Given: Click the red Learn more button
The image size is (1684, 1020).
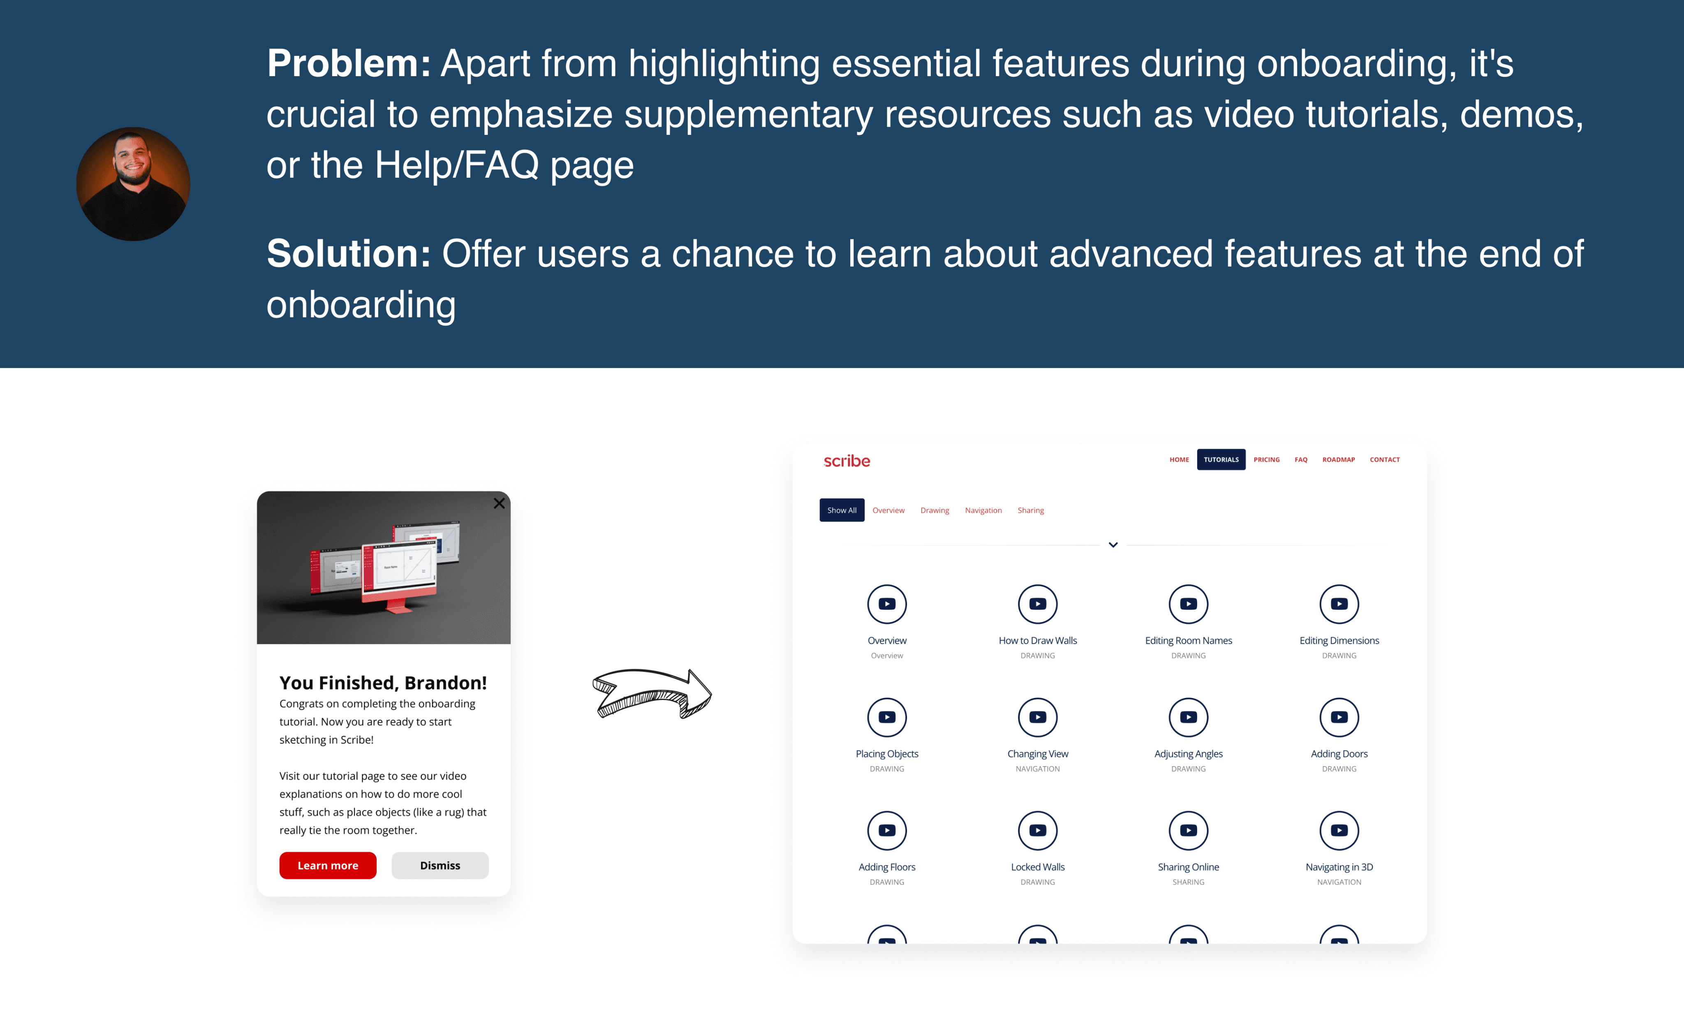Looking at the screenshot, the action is tap(327, 865).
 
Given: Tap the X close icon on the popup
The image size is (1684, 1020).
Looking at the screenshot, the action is tap(499, 503).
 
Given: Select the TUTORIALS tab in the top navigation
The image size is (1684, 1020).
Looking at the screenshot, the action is tap(1221, 459).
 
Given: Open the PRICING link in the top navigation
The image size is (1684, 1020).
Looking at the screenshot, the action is tap(1266, 459).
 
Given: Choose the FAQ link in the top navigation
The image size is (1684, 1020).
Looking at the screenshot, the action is tap(1300, 459).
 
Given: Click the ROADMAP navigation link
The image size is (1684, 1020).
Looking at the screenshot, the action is tap(1338, 459).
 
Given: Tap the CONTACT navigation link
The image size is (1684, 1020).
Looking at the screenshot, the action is tap(1385, 459).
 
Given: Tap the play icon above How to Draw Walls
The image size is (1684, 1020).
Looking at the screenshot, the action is tap(1037, 604).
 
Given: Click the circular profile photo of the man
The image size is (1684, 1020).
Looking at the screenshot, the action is tap(133, 184).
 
